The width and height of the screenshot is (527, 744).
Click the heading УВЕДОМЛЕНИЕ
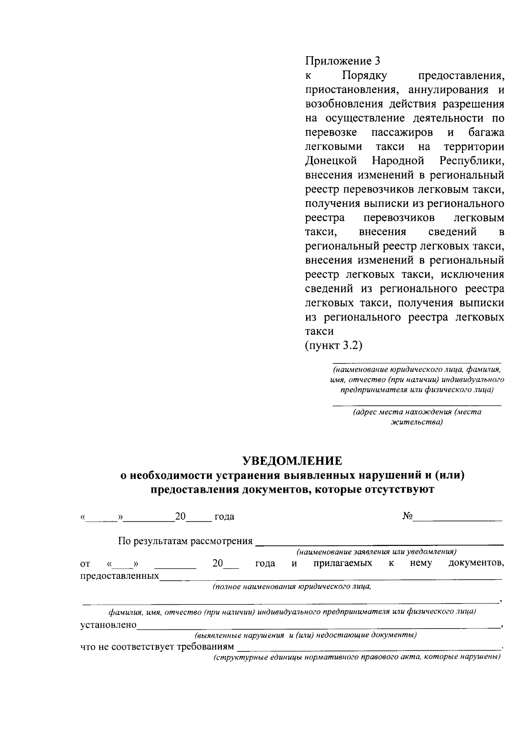pos(292,461)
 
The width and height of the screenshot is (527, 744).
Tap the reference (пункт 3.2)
pos(334,345)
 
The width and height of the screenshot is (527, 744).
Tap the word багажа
pos(486,132)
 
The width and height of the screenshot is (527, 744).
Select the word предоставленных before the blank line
pos(120,575)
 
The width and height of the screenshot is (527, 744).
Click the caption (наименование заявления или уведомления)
pos(377,551)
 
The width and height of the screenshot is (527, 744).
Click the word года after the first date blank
pos(224,516)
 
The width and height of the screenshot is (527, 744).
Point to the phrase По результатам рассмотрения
pos(185,541)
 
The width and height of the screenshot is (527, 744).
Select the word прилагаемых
pos(343,563)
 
